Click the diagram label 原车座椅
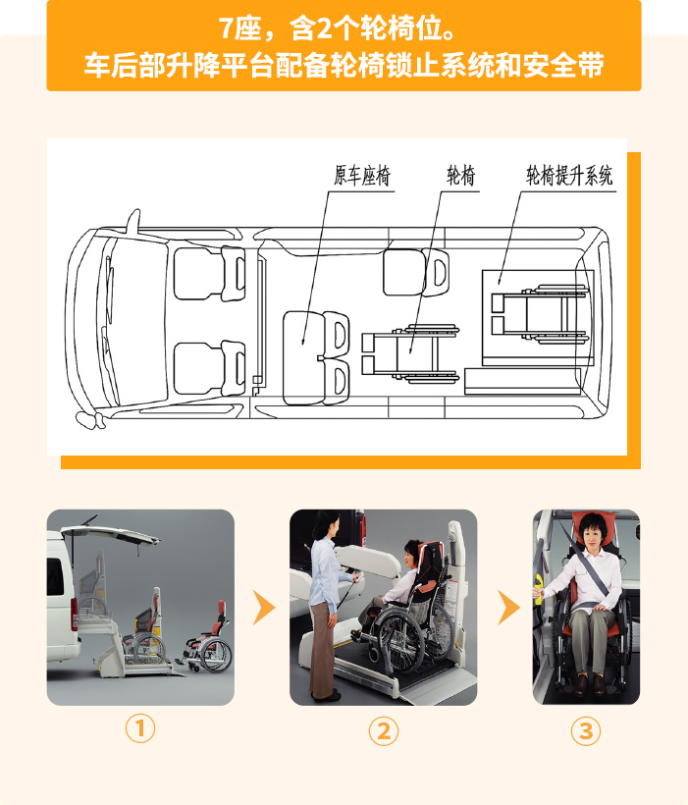click(x=362, y=176)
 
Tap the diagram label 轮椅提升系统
click(x=569, y=176)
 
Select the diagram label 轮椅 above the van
click(x=460, y=176)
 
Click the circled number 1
click(x=140, y=728)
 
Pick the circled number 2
click(x=384, y=731)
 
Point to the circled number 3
click(x=586, y=731)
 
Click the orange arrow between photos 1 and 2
click(x=264, y=608)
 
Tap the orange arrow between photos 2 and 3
click(x=508, y=608)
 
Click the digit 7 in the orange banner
click(x=227, y=28)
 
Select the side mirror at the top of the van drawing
click(x=133, y=221)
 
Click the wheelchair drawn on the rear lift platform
click(x=539, y=312)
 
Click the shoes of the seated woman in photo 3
click(x=590, y=684)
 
